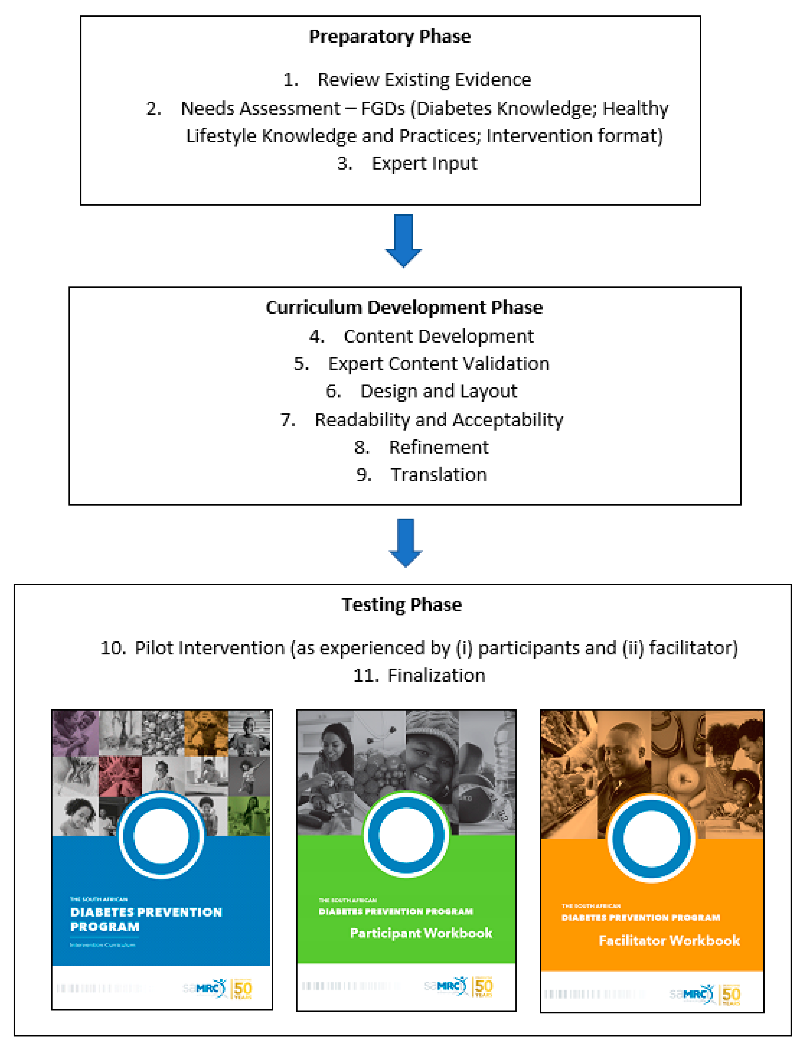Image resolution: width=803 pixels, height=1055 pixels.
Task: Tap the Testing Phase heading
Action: pyautogui.click(x=401, y=605)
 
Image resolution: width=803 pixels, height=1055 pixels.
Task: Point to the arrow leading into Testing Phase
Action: pyautogui.click(x=405, y=543)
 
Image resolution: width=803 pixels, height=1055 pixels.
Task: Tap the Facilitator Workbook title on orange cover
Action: pyautogui.click(x=669, y=940)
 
